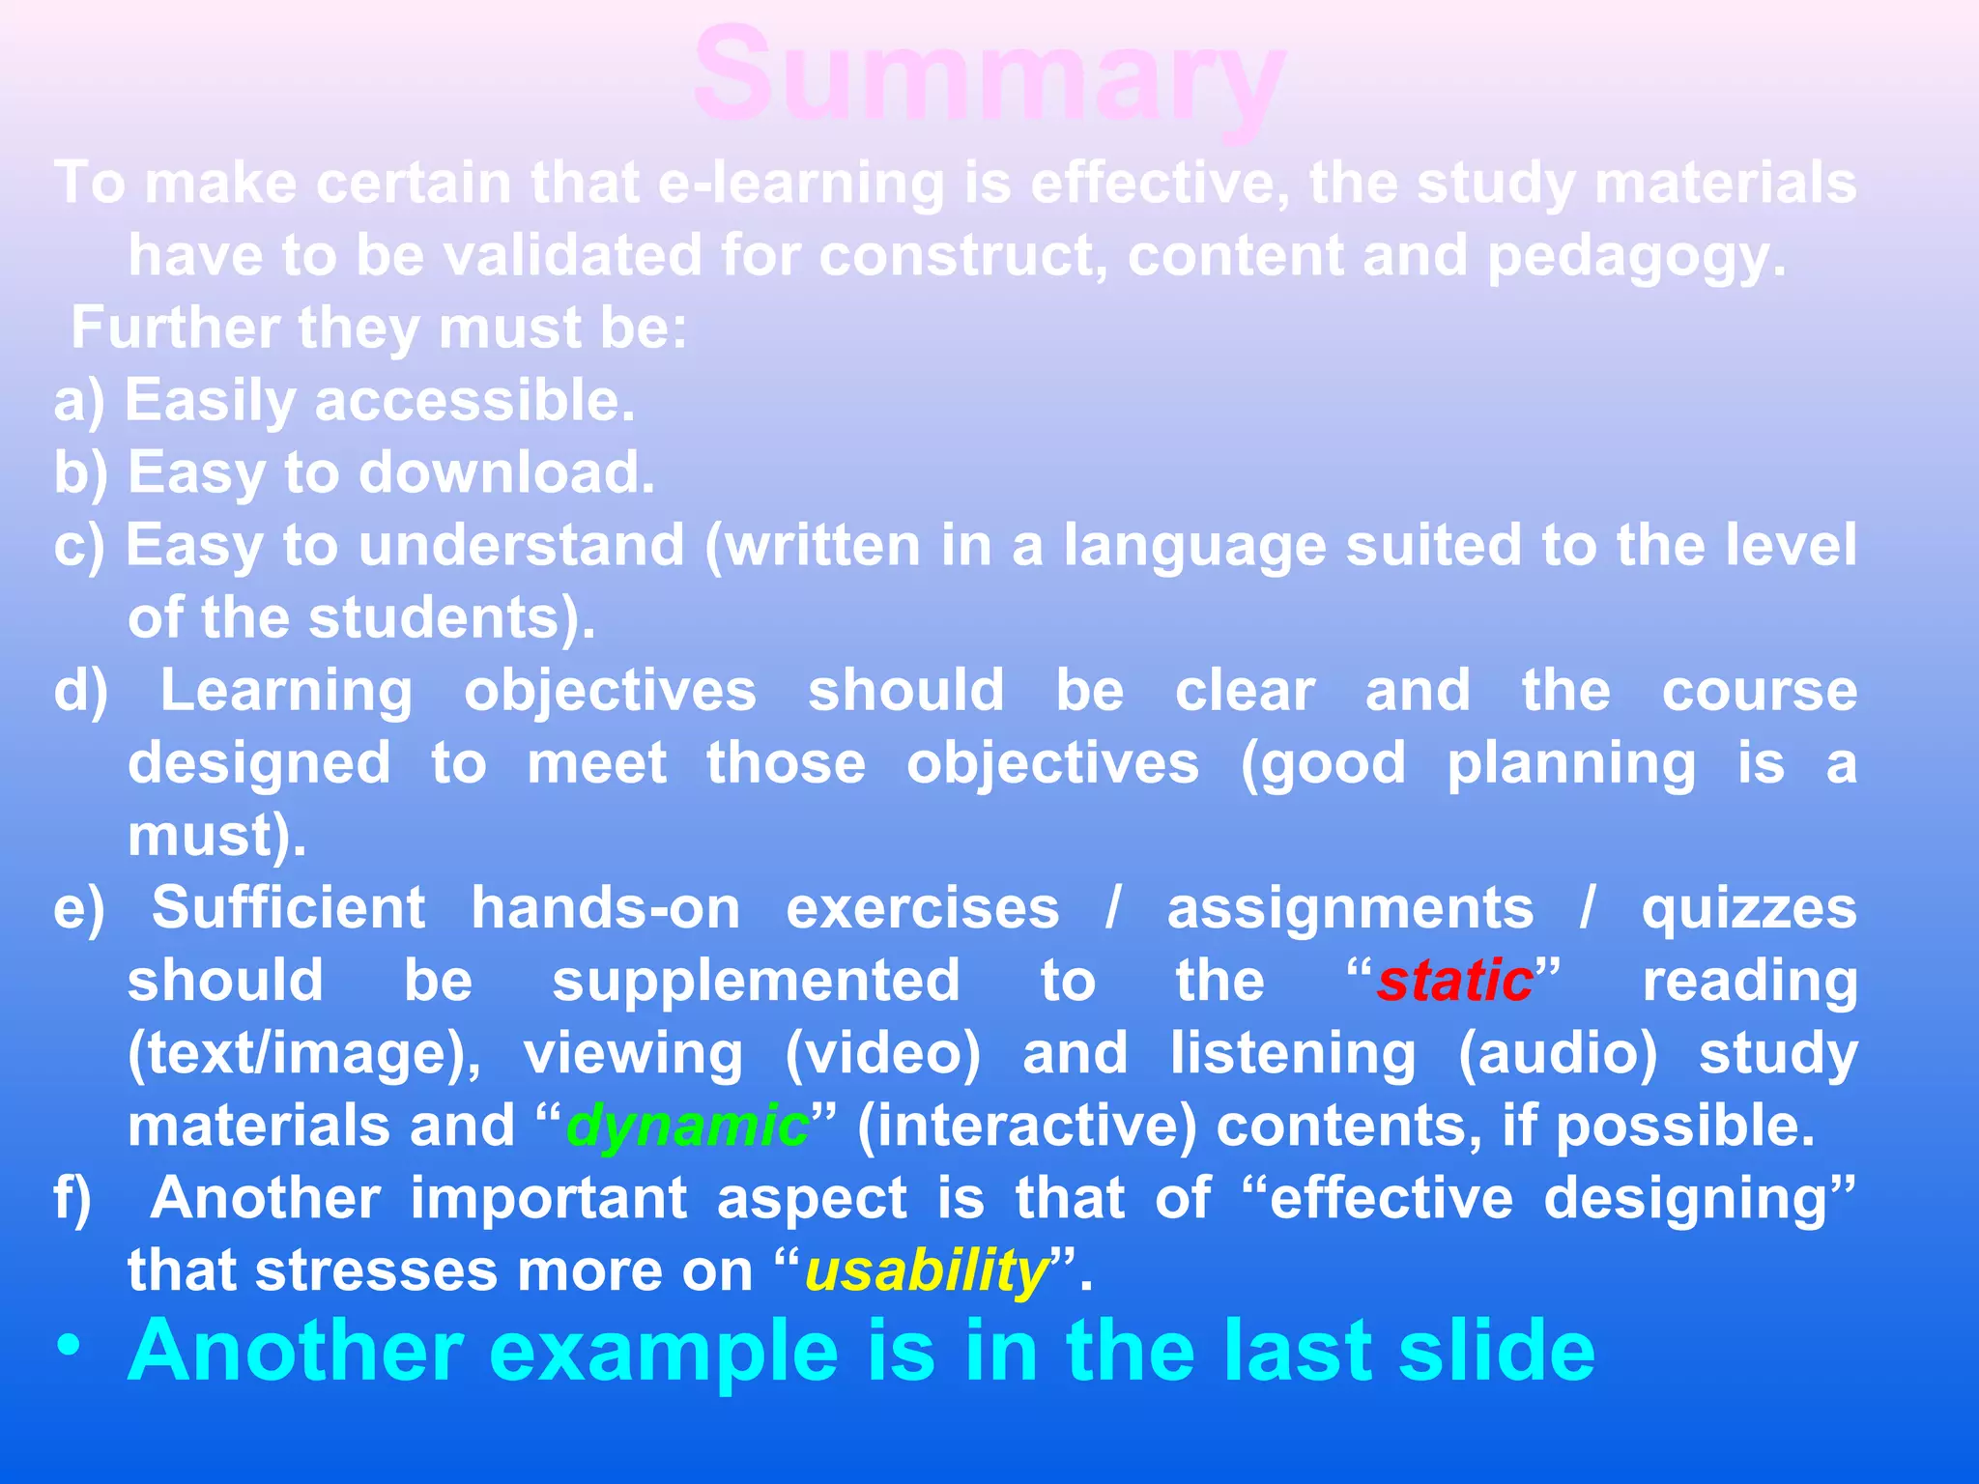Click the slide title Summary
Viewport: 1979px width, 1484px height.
(989, 77)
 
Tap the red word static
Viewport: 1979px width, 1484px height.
(1455, 982)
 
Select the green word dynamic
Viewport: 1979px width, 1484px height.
(687, 1127)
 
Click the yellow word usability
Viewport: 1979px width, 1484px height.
(927, 1271)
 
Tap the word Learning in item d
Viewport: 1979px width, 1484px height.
(286, 692)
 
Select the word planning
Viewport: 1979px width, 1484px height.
(1570, 764)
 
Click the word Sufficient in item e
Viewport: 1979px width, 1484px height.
(288, 909)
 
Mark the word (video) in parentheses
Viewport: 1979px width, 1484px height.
(882, 1054)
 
